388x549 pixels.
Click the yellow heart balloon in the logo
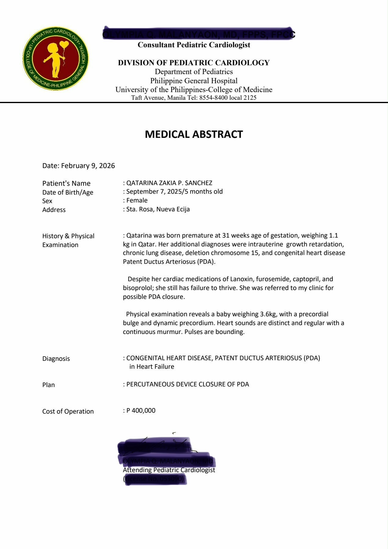click(x=64, y=45)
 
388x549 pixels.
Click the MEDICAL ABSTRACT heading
click(x=194, y=134)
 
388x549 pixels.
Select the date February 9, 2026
click(x=88, y=166)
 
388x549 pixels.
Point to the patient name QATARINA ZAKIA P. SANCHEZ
click(x=169, y=183)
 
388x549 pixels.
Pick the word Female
click(x=137, y=200)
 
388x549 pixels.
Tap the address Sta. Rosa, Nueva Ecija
click(x=158, y=209)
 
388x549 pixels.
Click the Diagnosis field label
click(x=56, y=359)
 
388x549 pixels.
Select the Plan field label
click(x=48, y=385)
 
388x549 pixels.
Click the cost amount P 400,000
click(x=141, y=411)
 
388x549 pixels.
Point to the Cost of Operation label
click(x=68, y=411)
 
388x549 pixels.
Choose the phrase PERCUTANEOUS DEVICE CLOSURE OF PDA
click(x=188, y=384)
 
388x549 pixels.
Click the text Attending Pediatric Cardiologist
click(x=169, y=470)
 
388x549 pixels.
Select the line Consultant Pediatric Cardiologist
click(x=194, y=45)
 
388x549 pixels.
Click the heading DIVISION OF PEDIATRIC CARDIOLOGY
click(x=194, y=63)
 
